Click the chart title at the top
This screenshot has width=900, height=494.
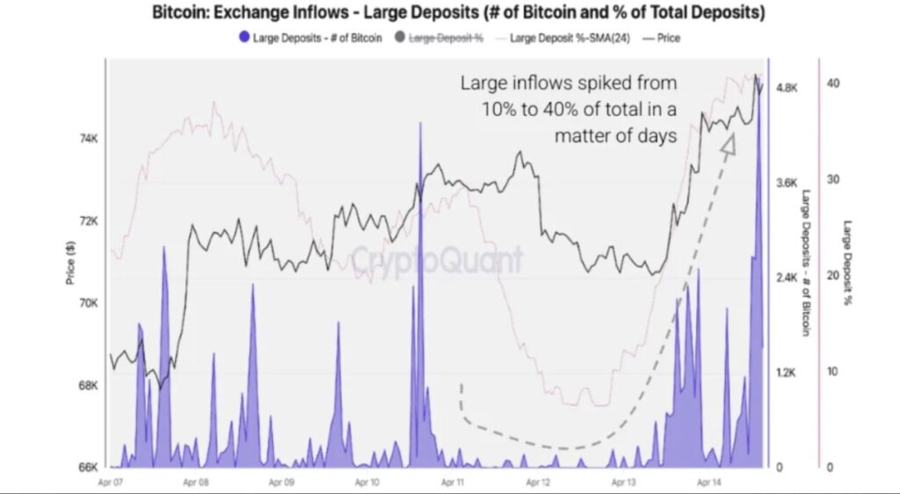click(458, 14)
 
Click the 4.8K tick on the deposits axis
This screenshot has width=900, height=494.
click(787, 88)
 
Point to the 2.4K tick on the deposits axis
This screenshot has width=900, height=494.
click(787, 278)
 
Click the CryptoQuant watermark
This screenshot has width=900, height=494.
click(438, 259)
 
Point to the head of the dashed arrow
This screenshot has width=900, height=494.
click(729, 141)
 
